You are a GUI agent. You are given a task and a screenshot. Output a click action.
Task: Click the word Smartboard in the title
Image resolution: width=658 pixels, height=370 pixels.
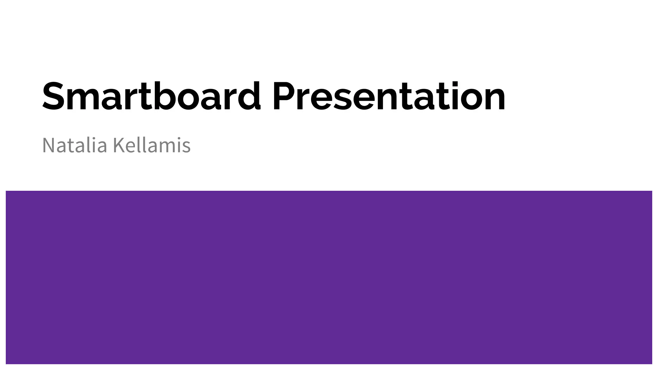[x=151, y=96]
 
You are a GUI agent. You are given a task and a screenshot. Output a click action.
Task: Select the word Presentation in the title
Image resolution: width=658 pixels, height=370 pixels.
[x=389, y=96]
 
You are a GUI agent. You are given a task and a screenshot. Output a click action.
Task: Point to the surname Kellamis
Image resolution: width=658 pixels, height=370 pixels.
[x=152, y=145]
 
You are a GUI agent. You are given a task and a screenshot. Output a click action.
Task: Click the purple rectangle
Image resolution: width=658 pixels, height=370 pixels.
[x=329, y=277]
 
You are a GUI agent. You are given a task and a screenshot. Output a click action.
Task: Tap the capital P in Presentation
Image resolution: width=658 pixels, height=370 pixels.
[x=284, y=96]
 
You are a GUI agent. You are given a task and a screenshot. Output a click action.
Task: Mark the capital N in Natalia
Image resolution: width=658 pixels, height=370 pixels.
[x=49, y=145]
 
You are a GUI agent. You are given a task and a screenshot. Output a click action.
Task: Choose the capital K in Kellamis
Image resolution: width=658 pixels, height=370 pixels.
[x=119, y=145]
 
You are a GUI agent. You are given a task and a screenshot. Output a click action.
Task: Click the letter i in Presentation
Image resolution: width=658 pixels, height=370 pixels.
[x=453, y=96]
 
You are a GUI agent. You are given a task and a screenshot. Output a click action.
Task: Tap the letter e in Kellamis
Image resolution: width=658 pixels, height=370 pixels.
[x=130, y=147]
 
